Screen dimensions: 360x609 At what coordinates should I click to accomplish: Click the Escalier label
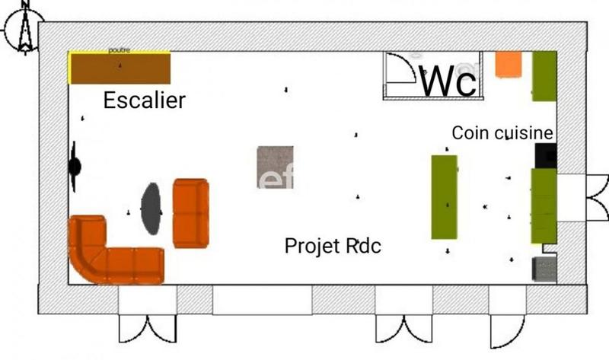click(x=144, y=100)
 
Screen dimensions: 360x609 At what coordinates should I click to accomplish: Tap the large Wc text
click(x=449, y=81)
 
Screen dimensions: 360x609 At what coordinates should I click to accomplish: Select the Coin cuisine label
click(x=502, y=132)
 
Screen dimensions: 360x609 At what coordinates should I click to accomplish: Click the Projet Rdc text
click(x=333, y=246)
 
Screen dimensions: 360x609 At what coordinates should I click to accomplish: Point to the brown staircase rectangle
click(x=120, y=68)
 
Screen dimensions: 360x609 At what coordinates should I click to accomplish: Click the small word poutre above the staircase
click(x=120, y=50)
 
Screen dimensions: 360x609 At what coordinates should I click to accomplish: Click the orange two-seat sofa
click(x=190, y=213)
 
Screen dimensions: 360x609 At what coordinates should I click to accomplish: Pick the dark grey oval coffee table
click(x=151, y=208)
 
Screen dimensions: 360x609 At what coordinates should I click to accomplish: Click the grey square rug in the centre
click(x=274, y=167)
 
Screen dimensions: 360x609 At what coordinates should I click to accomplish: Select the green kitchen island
click(x=445, y=196)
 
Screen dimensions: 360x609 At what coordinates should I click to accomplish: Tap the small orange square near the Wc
click(x=507, y=64)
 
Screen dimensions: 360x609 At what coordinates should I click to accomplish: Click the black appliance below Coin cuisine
click(x=546, y=155)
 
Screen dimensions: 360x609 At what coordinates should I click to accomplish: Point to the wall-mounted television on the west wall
click(x=75, y=166)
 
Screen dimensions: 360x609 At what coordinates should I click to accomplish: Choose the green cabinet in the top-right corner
click(x=544, y=75)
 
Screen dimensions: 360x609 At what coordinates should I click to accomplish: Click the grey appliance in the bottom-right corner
click(x=544, y=269)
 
